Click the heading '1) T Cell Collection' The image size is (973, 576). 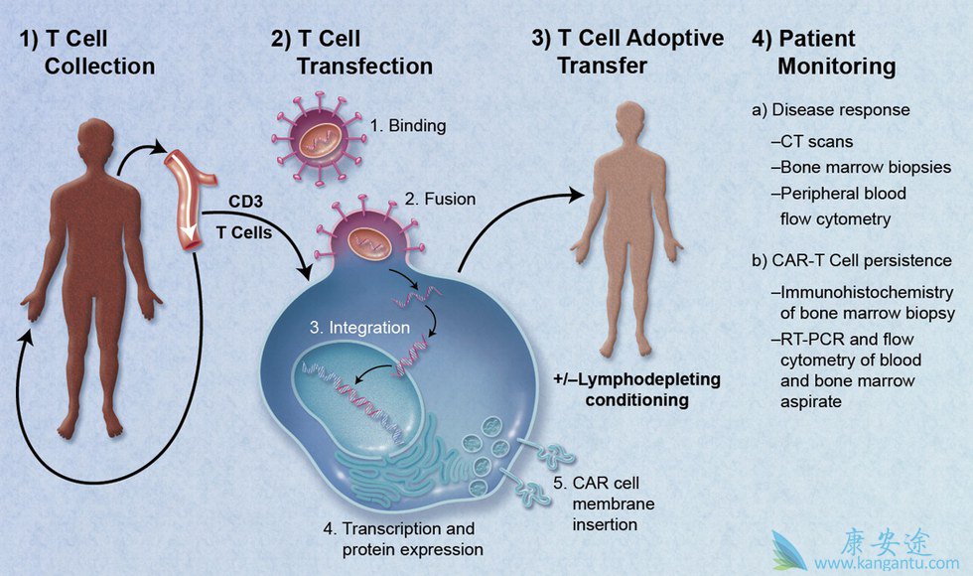pyautogui.click(x=86, y=54)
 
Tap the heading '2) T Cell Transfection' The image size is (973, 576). pyautogui.click(x=351, y=54)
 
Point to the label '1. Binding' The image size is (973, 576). pyautogui.click(x=408, y=126)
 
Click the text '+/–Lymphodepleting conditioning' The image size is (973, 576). pyautogui.click(x=636, y=390)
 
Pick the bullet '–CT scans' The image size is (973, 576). pyautogui.click(x=819, y=142)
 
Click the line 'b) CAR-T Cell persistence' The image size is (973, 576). pyautogui.click(x=851, y=261)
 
